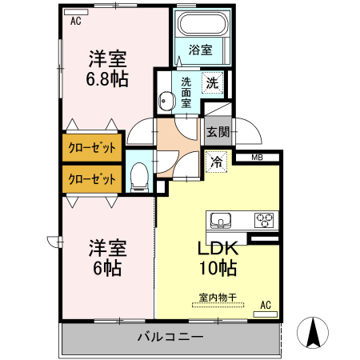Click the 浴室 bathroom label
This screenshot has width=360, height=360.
tap(201, 50)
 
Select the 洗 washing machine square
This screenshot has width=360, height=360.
tap(212, 82)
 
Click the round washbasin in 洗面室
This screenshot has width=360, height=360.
tap(166, 101)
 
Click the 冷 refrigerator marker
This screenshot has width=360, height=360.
tap(217, 161)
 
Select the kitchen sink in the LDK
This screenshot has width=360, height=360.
tap(219, 218)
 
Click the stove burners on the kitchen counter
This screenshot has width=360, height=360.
tap(264, 218)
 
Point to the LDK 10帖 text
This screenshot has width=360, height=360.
tap(217, 258)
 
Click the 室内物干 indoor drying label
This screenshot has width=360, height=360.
tap(218, 298)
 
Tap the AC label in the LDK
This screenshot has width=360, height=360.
tap(266, 305)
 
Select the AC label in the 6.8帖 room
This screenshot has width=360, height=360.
tap(76, 22)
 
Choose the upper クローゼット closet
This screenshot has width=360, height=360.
tap(92, 148)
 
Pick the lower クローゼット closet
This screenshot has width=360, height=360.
tap(92, 178)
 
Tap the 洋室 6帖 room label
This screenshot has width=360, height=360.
tap(106, 257)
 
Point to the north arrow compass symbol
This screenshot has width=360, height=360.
tap(314, 332)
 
